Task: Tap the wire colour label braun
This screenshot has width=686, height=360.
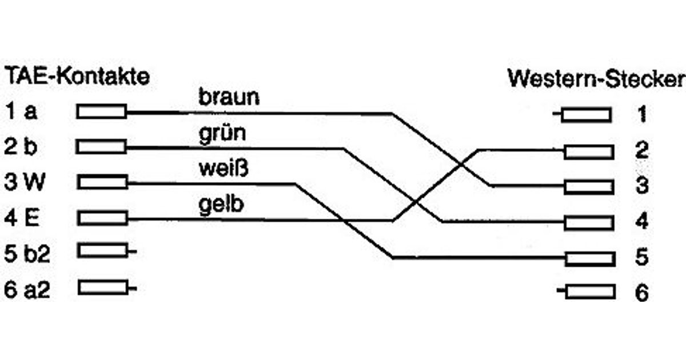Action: coord(229,97)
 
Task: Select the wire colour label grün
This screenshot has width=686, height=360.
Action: coord(222,134)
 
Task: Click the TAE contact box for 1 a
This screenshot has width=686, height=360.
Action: coord(102,111)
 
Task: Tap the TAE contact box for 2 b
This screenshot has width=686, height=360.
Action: coord(102,147)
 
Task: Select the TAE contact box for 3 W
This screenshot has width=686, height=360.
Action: coord(102,182)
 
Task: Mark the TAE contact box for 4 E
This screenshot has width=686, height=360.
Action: coord(102,218)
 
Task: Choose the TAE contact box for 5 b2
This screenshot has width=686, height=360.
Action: coord(102,250)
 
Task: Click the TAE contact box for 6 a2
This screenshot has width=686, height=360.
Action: coord(103,287)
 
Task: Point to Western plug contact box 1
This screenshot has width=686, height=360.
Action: coord(586,115)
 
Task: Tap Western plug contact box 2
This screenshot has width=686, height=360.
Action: coord(588,151)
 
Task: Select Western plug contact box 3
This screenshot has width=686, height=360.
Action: coord(588,186)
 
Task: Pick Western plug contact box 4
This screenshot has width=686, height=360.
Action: coord(588,222)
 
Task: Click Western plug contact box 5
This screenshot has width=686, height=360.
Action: coord(589,258)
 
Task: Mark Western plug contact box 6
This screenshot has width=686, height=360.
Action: coord(589,292)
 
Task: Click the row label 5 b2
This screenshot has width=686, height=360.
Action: coord(27,254)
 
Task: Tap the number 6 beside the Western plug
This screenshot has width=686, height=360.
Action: coord(642,294)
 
